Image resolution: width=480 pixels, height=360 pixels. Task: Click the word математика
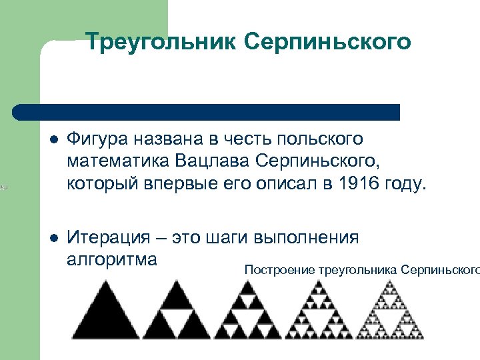(119, 161)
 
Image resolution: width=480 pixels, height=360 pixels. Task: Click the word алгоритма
(112, 259)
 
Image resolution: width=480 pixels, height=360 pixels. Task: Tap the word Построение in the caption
(279, 269)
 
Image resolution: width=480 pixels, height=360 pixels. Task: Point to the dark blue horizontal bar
(207, 112)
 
